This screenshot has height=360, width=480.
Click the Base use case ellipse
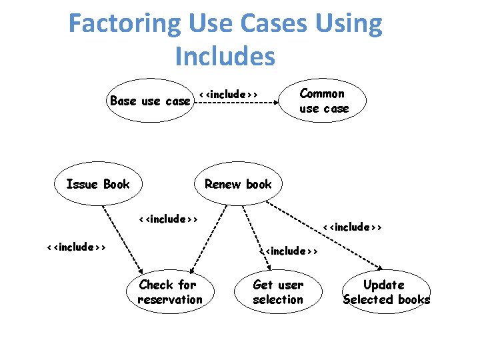click(x=150, y=101)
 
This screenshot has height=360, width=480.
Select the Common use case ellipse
click(x=323, y=101)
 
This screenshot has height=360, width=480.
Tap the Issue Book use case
click(x=98, y=184)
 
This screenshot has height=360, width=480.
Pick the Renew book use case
click(x=238, y=184)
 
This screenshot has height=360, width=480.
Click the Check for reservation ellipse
click(x=169, y=292)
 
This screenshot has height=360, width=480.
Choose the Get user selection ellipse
click(x=278, y=292)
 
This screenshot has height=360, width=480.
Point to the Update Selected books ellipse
click(x=386, y=292)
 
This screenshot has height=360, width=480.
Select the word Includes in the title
click(x=225, y=57)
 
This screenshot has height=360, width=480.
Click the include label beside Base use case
click(x=228, y=94)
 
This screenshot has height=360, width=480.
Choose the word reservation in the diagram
click(x=169, y=299)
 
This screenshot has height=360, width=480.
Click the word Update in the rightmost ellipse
click(x=383, y=285)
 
